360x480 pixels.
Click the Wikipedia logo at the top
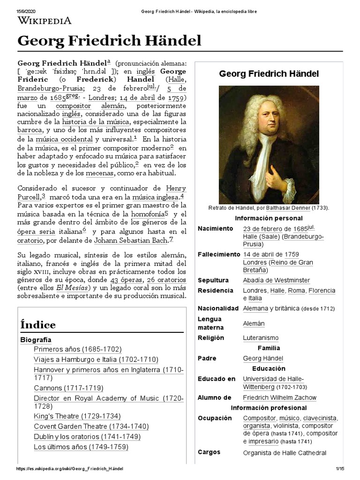tap(45, 20)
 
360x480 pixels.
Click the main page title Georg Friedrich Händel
tap(109, 41)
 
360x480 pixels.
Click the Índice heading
tap(38, 324)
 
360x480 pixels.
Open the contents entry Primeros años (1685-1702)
tap(77, 349)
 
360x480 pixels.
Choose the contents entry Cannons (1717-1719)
tap(68, 388)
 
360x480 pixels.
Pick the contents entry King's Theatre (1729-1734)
tap(77, 416)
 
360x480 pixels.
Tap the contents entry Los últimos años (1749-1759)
tap(81, 447)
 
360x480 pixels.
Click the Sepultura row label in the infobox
tap(213, 280)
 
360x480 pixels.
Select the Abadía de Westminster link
tap(276, 280)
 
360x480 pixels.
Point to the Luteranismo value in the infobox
tap(260, 337)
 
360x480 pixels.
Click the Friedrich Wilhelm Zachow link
tap(279, 397)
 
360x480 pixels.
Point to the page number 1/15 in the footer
tap(340, 469)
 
